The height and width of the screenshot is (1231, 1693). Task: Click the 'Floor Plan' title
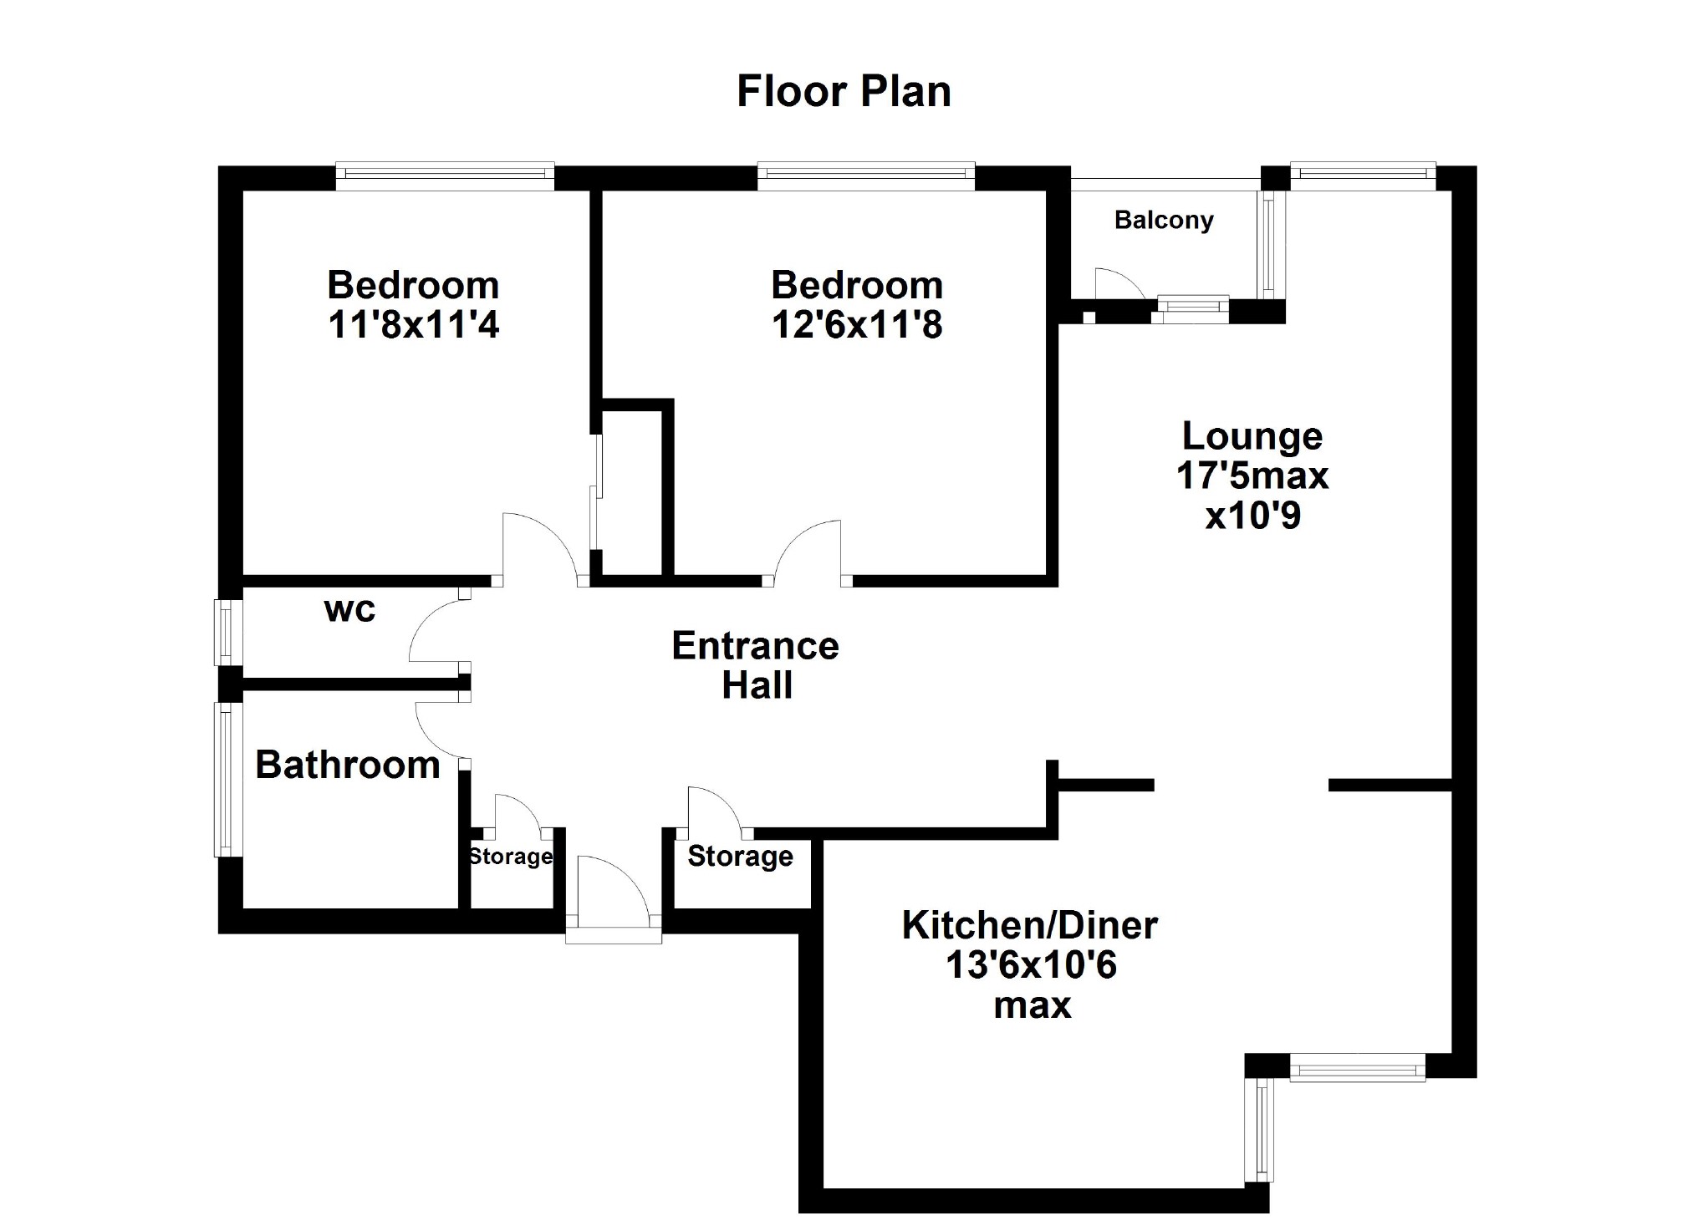[x=844, y=92]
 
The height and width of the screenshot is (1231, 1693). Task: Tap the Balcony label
[x=1164, y=221]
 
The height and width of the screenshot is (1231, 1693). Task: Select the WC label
[x=349, y=610]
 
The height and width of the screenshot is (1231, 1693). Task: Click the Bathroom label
[x=348, y=765]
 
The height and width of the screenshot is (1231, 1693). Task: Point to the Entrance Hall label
[x=756, y=665]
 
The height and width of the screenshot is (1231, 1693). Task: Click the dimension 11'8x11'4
[x=413, y=325]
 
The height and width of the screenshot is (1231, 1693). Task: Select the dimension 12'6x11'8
[x=857, y=325]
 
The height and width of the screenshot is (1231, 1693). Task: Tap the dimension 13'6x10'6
[x=1031, y=966]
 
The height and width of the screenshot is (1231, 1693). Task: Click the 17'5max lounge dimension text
[x=1252, y=476]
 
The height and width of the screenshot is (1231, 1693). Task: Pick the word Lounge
[x=1252, y=436]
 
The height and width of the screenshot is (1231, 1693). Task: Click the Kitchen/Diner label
[x=1030, y=926]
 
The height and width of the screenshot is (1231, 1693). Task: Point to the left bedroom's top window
[x=445, y=175]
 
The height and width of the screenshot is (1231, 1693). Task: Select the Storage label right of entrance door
[x=740, y=857]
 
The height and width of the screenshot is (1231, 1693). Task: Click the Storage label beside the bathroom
[x=510, y=857]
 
